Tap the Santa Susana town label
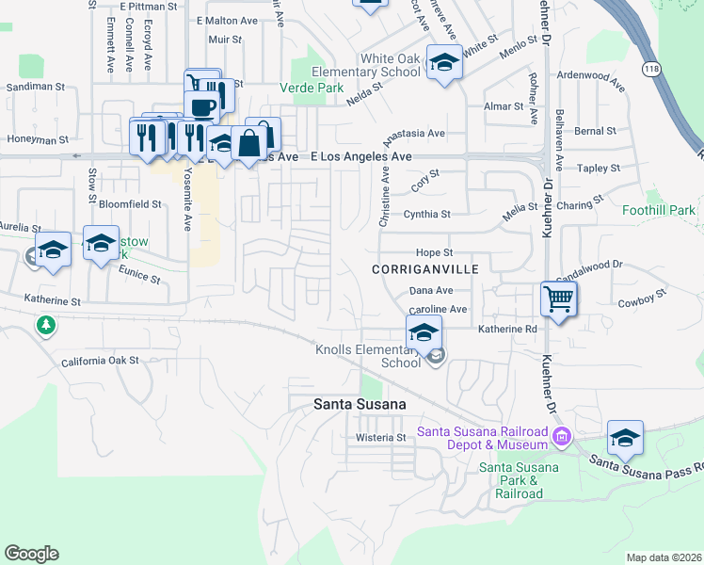[360, 404]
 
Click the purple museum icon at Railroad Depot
[562, 437]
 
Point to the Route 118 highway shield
[650, 69]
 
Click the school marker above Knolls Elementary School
[424, 332]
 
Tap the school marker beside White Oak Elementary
[444, 63]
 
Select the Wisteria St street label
[380, 438]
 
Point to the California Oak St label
[100, 361]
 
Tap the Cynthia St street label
[427, 215]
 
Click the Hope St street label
[435, 253]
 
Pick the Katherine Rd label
[506, 330]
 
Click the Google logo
[31, 554]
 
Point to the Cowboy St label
[642, 303]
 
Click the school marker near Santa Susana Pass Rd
[625, 439]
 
